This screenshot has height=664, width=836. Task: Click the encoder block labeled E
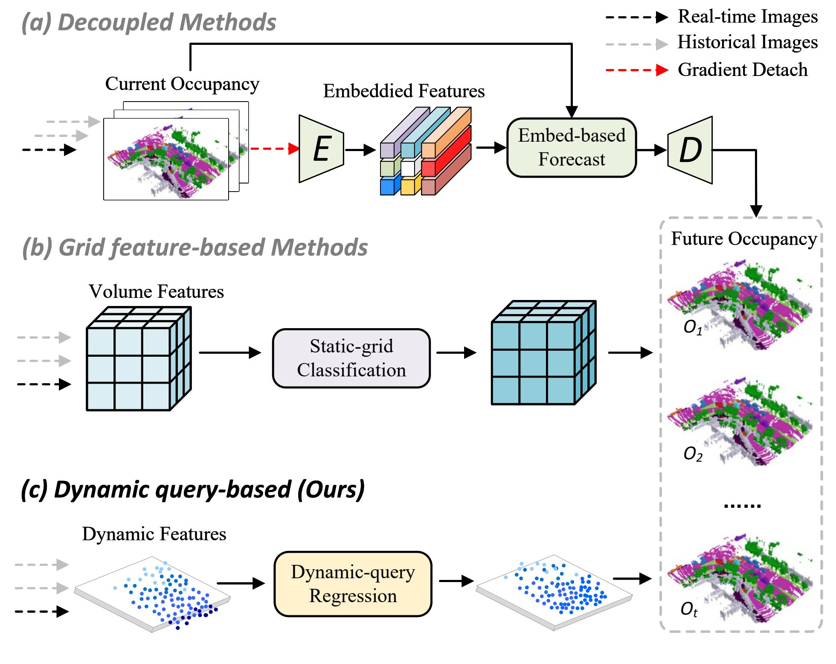322,149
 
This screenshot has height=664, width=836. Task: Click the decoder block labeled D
690,150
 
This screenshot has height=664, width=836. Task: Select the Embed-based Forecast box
572,148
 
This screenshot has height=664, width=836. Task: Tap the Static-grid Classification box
351,358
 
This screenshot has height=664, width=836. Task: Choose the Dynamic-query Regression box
353,584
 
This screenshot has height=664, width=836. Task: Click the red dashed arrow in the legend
637,70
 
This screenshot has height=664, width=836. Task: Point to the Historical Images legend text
747,42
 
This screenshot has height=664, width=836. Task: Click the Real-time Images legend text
747,17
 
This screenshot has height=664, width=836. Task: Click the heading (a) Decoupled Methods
149,22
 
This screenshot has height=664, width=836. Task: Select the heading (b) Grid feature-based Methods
195,248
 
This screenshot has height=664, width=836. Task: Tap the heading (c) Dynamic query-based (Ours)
193,489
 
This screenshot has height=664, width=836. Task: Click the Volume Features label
156,292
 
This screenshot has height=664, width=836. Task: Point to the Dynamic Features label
154,534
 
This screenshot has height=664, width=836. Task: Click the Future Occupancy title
743,239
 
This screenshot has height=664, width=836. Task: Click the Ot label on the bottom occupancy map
689,609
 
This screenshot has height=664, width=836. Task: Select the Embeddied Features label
403,91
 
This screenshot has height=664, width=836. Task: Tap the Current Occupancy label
182,84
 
